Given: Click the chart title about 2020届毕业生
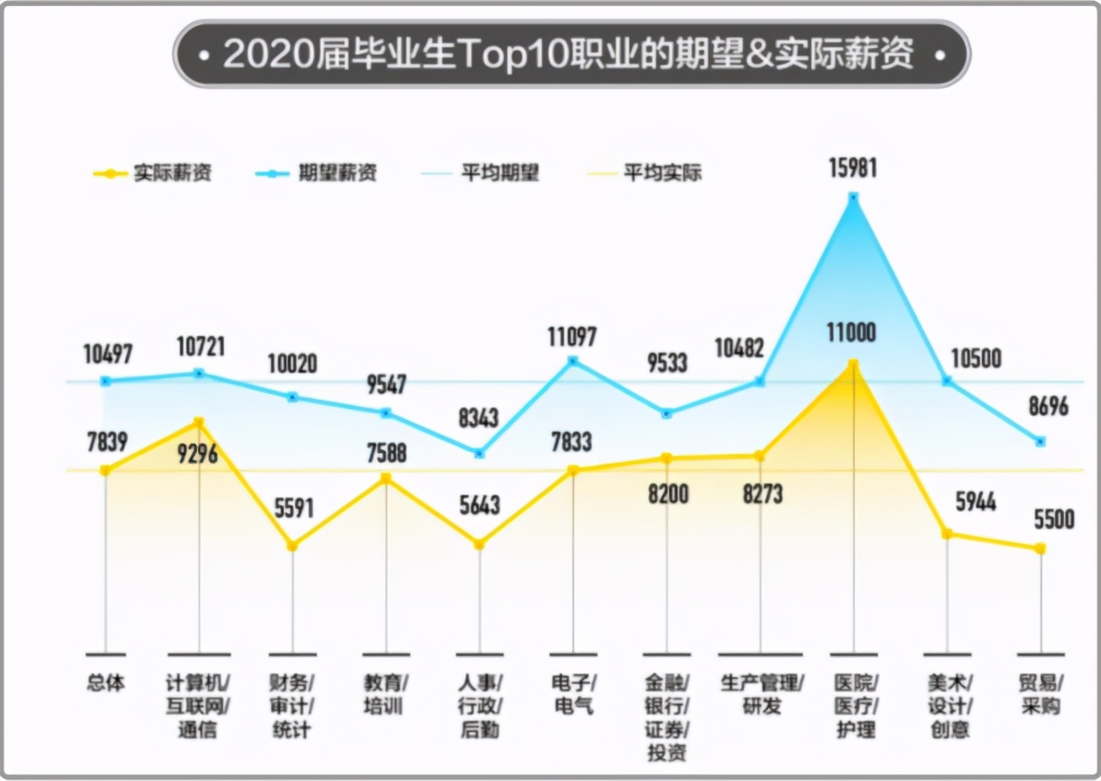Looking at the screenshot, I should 571,56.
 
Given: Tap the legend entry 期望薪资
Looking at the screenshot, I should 317,173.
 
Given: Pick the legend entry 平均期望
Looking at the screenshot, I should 481,173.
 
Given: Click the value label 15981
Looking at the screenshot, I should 853,166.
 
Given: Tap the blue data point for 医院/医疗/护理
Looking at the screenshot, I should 853,197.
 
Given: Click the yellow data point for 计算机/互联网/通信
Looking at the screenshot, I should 198,422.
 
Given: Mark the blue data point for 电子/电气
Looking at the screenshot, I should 573,360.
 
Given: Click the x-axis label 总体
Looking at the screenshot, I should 106,683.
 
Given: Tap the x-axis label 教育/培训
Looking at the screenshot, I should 386,695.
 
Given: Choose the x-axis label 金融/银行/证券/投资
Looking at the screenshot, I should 666,718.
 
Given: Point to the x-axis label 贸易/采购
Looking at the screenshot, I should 1041,695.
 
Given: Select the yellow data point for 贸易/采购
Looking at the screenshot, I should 1041,548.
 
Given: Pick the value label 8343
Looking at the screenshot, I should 479,419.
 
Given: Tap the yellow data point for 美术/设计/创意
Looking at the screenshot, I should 947,534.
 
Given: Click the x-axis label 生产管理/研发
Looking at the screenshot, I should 760,695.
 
